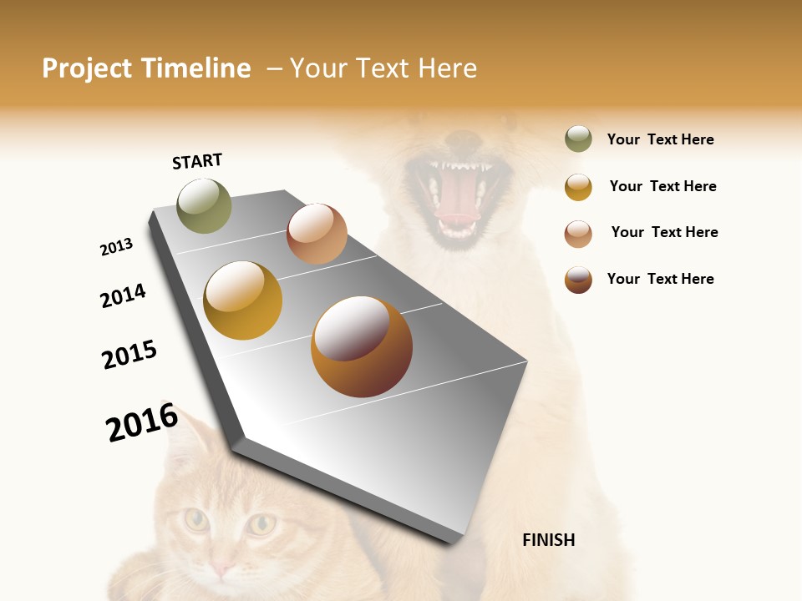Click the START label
[x=197, y=161]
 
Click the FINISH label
[x=548, y=540]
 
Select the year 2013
[x=116, y=247]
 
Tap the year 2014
[x=123, y=295]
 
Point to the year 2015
[x=129, y=355]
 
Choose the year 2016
[x=142, y=422]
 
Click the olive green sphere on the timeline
[x=204, y=205]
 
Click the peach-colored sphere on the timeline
[x=317, y=234]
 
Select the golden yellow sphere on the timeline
[x=242, y=300]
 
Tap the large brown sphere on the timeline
[x=362, y=346]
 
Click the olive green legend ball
[x=578, y=139]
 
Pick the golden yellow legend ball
[x=578, y=187]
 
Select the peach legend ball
[x=578, y=234]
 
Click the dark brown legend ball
[x=578, y=280]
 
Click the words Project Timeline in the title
[x=146, y=68]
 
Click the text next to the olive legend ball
[x=660, y=139]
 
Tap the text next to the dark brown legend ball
[x=660, y=279]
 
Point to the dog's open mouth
[x=456, y=196]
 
